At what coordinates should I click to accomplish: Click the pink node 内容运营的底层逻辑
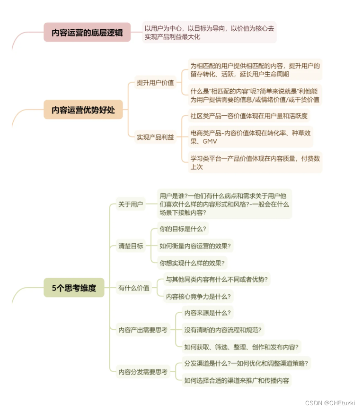point(87,33)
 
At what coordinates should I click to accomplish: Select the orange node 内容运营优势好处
point(83,110)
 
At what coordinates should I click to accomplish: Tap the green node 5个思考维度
point(74,288)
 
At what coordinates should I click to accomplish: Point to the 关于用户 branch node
point(131,204)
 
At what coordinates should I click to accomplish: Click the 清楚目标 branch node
point(131,246)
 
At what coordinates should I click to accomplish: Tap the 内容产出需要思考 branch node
point(143,330)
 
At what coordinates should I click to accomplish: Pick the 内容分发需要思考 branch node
point(143,372)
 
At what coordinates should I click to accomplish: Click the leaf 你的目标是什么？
point(183,229)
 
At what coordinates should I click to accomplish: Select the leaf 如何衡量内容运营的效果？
point(195,246)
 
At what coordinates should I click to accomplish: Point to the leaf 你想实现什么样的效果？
point(192,263)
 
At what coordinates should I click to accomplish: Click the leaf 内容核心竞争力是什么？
point(198,297)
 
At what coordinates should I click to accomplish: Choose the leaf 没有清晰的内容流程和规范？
point(223,330)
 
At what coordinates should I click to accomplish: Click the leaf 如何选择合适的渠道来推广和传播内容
point(237,380)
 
